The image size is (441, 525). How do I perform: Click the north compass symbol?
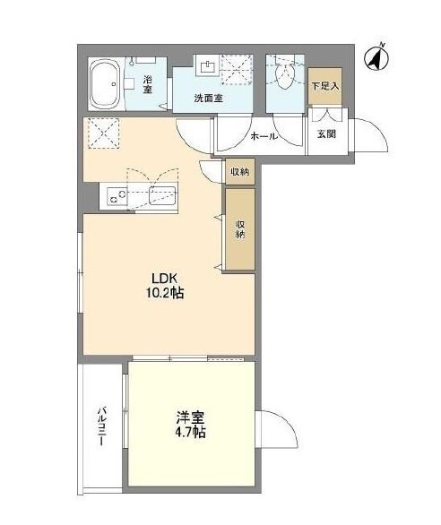(376, 58)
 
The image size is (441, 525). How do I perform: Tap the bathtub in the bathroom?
(105, 83)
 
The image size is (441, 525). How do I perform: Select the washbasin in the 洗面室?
(208, 68)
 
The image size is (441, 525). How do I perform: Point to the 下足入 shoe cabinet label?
(325, 86)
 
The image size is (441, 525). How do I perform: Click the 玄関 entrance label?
(326, 134)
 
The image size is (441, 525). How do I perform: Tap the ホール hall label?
(264, 136)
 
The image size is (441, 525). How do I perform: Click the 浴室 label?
(148, 84)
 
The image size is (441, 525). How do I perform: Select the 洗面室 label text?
(209, 99)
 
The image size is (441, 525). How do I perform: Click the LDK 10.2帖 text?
(164, 286)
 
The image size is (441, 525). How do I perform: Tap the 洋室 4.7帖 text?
(190, 425)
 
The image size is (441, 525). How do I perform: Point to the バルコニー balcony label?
(102, 426)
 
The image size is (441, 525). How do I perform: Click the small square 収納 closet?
(240, 172)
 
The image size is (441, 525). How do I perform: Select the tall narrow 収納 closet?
(240, 229)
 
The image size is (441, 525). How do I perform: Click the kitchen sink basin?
(162, 195)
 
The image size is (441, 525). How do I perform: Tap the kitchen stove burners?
(117, 197)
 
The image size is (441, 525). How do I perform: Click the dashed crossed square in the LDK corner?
(103, 133)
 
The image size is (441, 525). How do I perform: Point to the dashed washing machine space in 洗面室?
(236, 70)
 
